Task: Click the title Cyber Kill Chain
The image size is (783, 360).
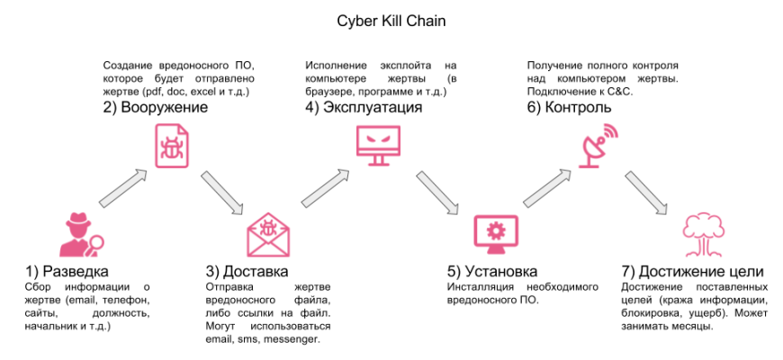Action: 391,19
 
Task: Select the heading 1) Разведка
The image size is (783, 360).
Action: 67,271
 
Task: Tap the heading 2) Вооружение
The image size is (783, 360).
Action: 156,107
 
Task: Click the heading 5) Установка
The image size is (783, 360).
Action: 492,271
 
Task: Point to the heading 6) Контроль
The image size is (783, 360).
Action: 570,107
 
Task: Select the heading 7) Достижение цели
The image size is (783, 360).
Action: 693,271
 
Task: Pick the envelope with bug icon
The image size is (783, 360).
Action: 267,236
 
